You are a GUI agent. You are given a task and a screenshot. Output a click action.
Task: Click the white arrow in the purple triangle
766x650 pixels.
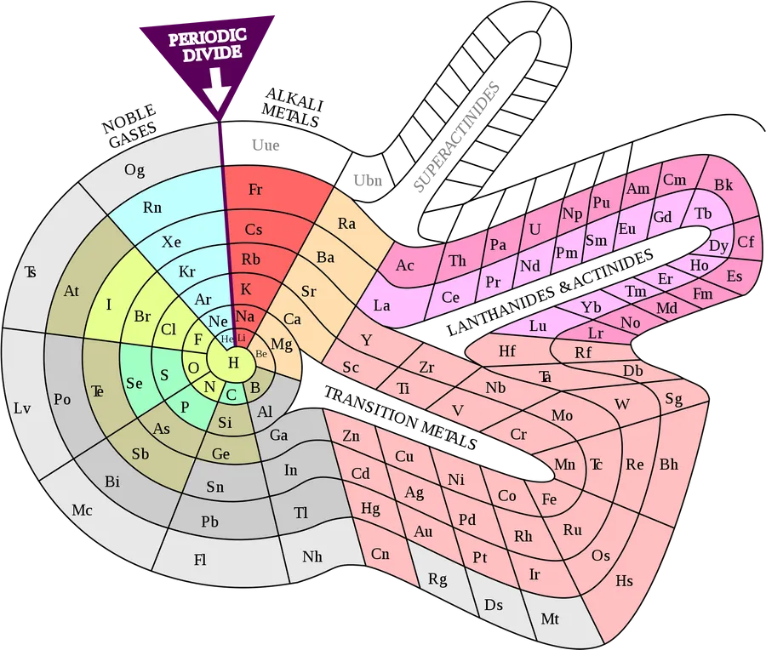pyautogui.click(x=217, y=89)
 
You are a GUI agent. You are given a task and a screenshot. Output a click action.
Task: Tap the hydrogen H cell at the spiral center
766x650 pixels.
pyautogui.click(x=232, y=362)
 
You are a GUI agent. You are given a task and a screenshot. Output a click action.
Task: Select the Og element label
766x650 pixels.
pyautogui.click(x=134, y=170)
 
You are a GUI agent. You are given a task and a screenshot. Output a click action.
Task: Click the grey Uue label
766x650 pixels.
pyautogui.click(x=266, y=145)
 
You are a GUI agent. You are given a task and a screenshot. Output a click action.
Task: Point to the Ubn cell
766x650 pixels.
pyautogui.click(x=368, y=180)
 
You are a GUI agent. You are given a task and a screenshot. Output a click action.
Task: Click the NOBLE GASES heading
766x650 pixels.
pyautogui.click(x=130, y=126)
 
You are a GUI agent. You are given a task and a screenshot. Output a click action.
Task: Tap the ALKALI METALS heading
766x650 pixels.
pyautogui.click(x=292, y=108)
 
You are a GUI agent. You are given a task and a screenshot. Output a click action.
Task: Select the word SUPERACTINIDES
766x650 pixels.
pyautogui.click(x=457, y=137)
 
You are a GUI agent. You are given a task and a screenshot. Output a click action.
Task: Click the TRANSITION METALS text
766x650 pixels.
pyautogui.click(x=400, y=418)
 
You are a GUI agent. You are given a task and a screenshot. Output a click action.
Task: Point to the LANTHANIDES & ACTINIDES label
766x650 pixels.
pyautogui.click(x=550, y=292)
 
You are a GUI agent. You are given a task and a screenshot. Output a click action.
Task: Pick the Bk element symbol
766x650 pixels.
pyautogui.click(x=723, y=185)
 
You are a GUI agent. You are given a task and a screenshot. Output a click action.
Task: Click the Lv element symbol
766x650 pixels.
pyautogui.click(x=22, y=408)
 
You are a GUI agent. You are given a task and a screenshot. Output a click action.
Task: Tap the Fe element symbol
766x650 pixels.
pyautogui.click(x=549, y=499)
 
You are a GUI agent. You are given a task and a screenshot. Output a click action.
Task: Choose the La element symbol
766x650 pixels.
pyautogui.click(x=381, y=305)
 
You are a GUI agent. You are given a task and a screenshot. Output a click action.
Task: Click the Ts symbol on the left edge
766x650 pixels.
pyautogui.click(x=31, y=271)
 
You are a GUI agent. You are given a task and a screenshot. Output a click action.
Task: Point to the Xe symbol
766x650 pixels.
pyautogui.click(x=171, y=242)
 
